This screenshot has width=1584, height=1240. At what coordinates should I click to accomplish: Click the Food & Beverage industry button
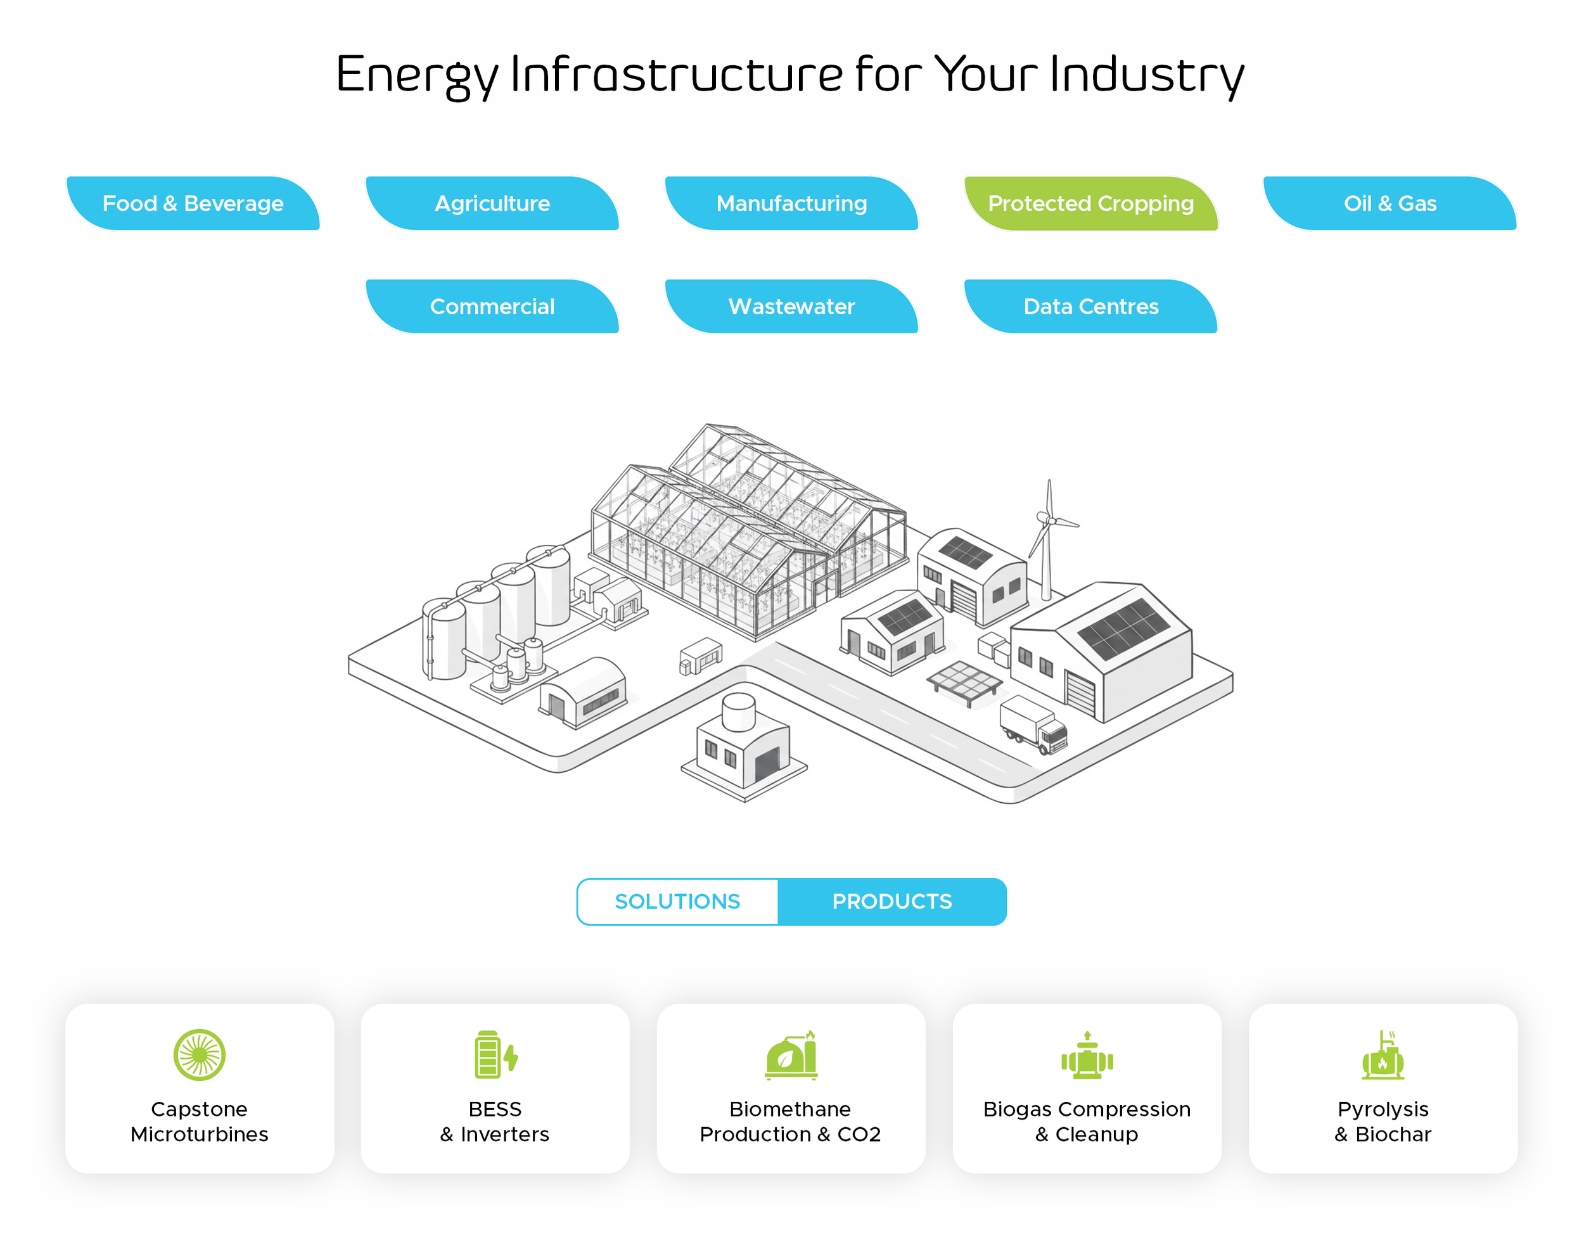pos(193,203)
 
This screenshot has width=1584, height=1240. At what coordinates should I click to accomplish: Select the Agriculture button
pos(492,203)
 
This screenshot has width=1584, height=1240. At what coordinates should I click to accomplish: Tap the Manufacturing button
pos(791,203)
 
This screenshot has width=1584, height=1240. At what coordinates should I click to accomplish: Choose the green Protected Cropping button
pos(1090,203)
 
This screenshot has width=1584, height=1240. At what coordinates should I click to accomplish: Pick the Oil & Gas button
pos(1389,203)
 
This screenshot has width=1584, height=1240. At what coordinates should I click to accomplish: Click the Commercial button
pos(492,307)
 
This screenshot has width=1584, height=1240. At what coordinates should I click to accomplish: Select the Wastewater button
pos(791,307)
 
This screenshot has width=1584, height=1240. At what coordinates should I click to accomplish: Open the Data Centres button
pos(1090,307)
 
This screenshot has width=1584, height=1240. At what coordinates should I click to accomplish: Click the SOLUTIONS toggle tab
pos(677,902)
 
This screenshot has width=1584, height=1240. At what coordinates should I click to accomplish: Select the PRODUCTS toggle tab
pos(892,902)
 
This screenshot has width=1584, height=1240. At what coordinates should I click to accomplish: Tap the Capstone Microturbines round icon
pos(200,1055)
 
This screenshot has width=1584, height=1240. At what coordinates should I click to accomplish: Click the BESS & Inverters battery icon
pos(496,1055)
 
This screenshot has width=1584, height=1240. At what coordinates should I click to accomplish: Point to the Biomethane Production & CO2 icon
pos(791,1055)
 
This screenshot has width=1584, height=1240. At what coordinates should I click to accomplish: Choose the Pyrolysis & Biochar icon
pos(1383,1055)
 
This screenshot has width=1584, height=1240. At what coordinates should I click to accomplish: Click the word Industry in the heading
pos(1147,75)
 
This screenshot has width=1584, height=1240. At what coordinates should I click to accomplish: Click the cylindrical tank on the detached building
pos(739,712)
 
